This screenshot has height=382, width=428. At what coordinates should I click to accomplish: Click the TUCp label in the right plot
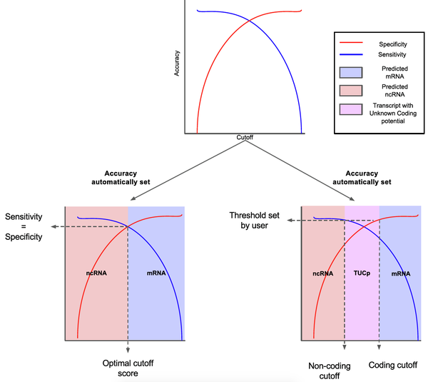tap(362, 273)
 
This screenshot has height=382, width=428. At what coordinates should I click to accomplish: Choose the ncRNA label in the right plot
tap(323, 273)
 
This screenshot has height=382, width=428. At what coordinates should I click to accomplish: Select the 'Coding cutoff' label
tap(393, 366)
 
